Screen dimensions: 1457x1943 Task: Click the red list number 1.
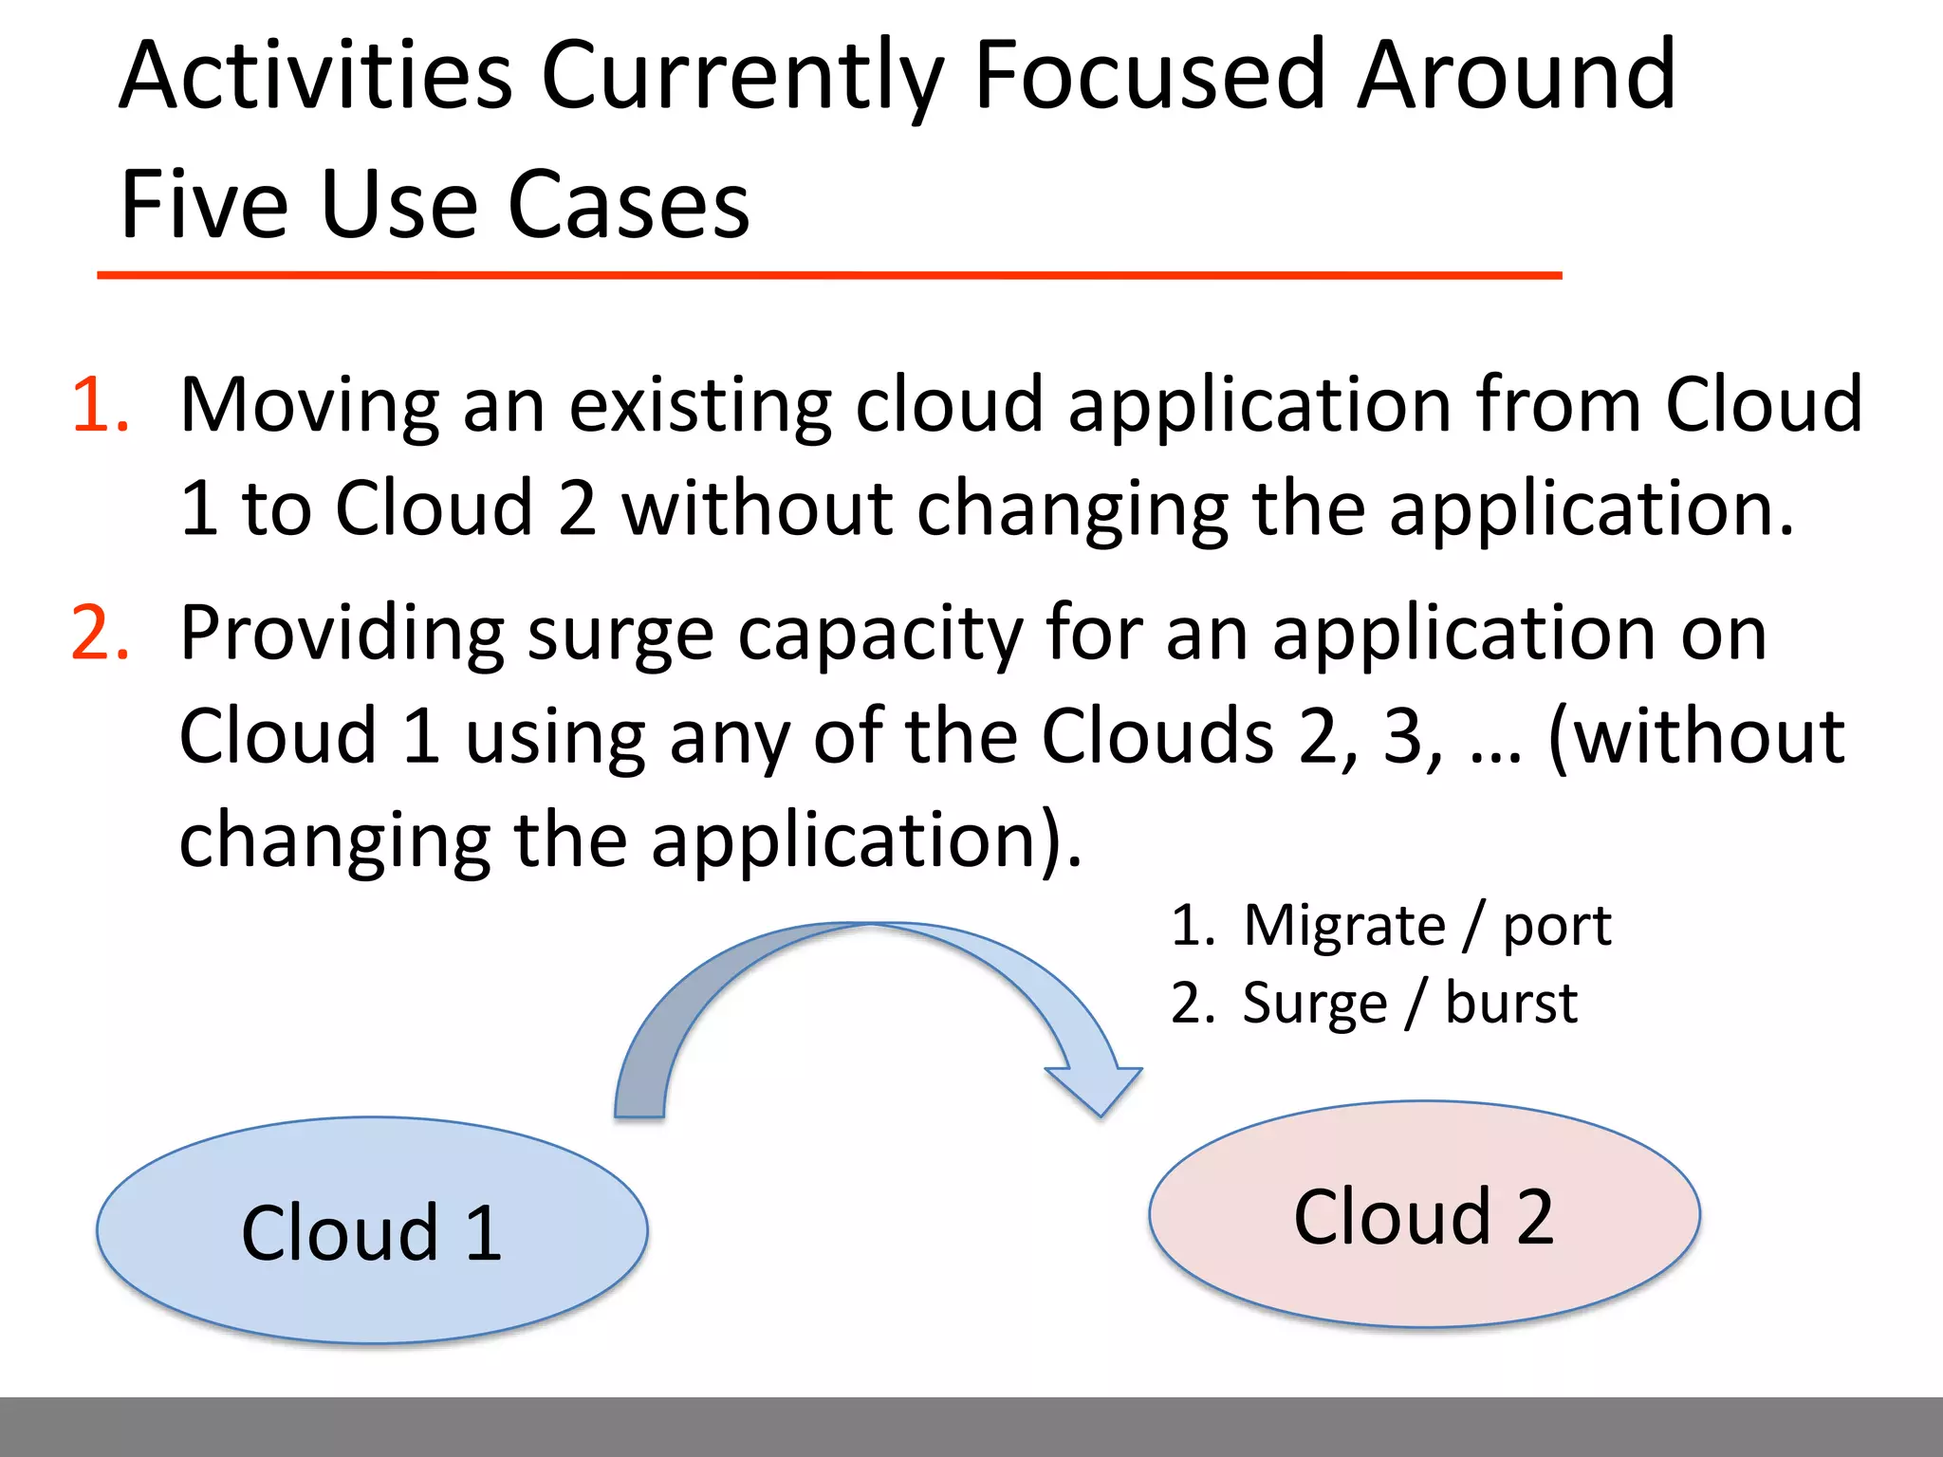[x=99, y=406]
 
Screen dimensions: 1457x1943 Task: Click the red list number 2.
[x=99, y=634]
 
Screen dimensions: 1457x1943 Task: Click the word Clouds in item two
[x=1157, y=737]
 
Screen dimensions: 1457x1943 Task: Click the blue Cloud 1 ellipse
[x=372, y=1231]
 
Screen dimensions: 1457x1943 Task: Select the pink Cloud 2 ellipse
[x=1424, y=1214]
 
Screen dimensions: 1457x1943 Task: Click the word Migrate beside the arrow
[x=1344, y=927]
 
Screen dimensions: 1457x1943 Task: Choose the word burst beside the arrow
[x=1510, y=1004]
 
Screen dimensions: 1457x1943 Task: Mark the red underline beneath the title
[x=829, y=275]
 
